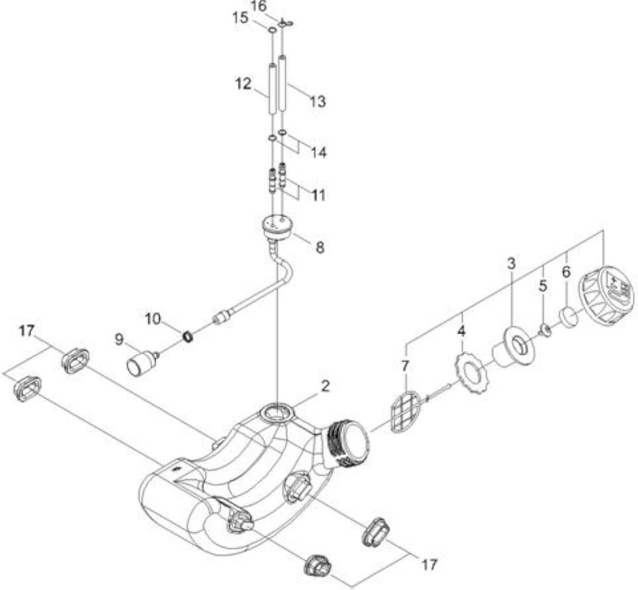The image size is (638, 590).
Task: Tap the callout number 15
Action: tap(240, 18)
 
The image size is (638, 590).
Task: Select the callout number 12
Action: tap(244, 84)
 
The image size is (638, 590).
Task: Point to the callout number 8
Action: tap(320, 247)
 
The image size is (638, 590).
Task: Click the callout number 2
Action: tap(325, 387)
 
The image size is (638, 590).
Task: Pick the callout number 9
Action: tap(119, 339)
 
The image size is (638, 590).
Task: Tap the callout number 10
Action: tap(153, 319)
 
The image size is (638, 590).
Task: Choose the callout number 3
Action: tap(511, 263)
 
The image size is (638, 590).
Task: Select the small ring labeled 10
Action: tap(187, 336)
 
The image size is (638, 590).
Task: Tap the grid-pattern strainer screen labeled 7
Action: tap(405, 412)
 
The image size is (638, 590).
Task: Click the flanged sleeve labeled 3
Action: tap(513, 347)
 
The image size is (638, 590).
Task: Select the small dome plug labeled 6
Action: tap(568, 317)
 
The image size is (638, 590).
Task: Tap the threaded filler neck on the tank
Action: tap(349, 444)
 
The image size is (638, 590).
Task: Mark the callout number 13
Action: tap(318, 101)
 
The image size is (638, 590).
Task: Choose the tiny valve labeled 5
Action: tap(545, 331)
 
